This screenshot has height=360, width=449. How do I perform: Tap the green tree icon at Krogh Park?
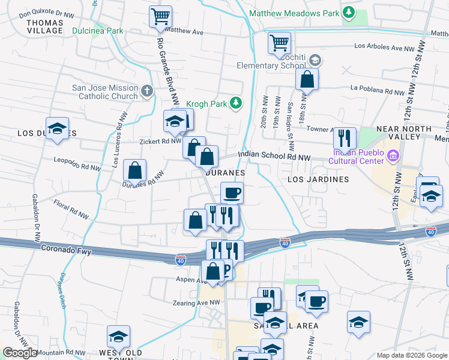click(237, 104)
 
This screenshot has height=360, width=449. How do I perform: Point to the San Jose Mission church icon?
click(148, 92)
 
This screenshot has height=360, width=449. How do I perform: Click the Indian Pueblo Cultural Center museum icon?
click(393, 157)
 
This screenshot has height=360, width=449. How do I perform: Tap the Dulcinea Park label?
click(97, 31)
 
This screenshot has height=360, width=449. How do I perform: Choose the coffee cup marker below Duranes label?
click(232, 193)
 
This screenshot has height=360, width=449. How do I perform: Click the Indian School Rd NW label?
click(274, 157)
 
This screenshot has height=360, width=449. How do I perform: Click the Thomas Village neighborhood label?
click(45, 26)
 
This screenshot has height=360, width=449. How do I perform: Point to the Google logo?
click(20, 353)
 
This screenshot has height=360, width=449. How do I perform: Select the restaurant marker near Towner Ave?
click(345, 138)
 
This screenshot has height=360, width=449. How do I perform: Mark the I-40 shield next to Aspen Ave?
click(180, 259)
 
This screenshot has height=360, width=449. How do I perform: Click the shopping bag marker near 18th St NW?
click(307, 79)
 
